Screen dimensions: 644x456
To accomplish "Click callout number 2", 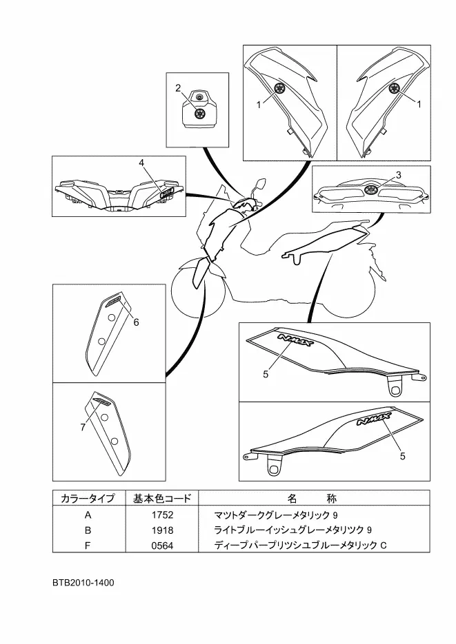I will pos(178,88).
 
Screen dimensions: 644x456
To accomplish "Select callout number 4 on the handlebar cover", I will pos(141,163).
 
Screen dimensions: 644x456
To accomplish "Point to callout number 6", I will pos(136,322).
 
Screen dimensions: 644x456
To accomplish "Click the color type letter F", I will pos(88,546).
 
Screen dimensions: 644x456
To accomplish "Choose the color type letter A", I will pos(88,515).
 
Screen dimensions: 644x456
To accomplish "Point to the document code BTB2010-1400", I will pos(83,583).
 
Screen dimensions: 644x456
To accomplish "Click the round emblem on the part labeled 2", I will pos(200,113).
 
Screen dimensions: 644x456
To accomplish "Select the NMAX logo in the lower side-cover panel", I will pos(374,419).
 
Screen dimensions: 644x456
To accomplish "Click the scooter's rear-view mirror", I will pos(261,184).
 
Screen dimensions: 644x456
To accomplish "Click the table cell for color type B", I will pos(88,530).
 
